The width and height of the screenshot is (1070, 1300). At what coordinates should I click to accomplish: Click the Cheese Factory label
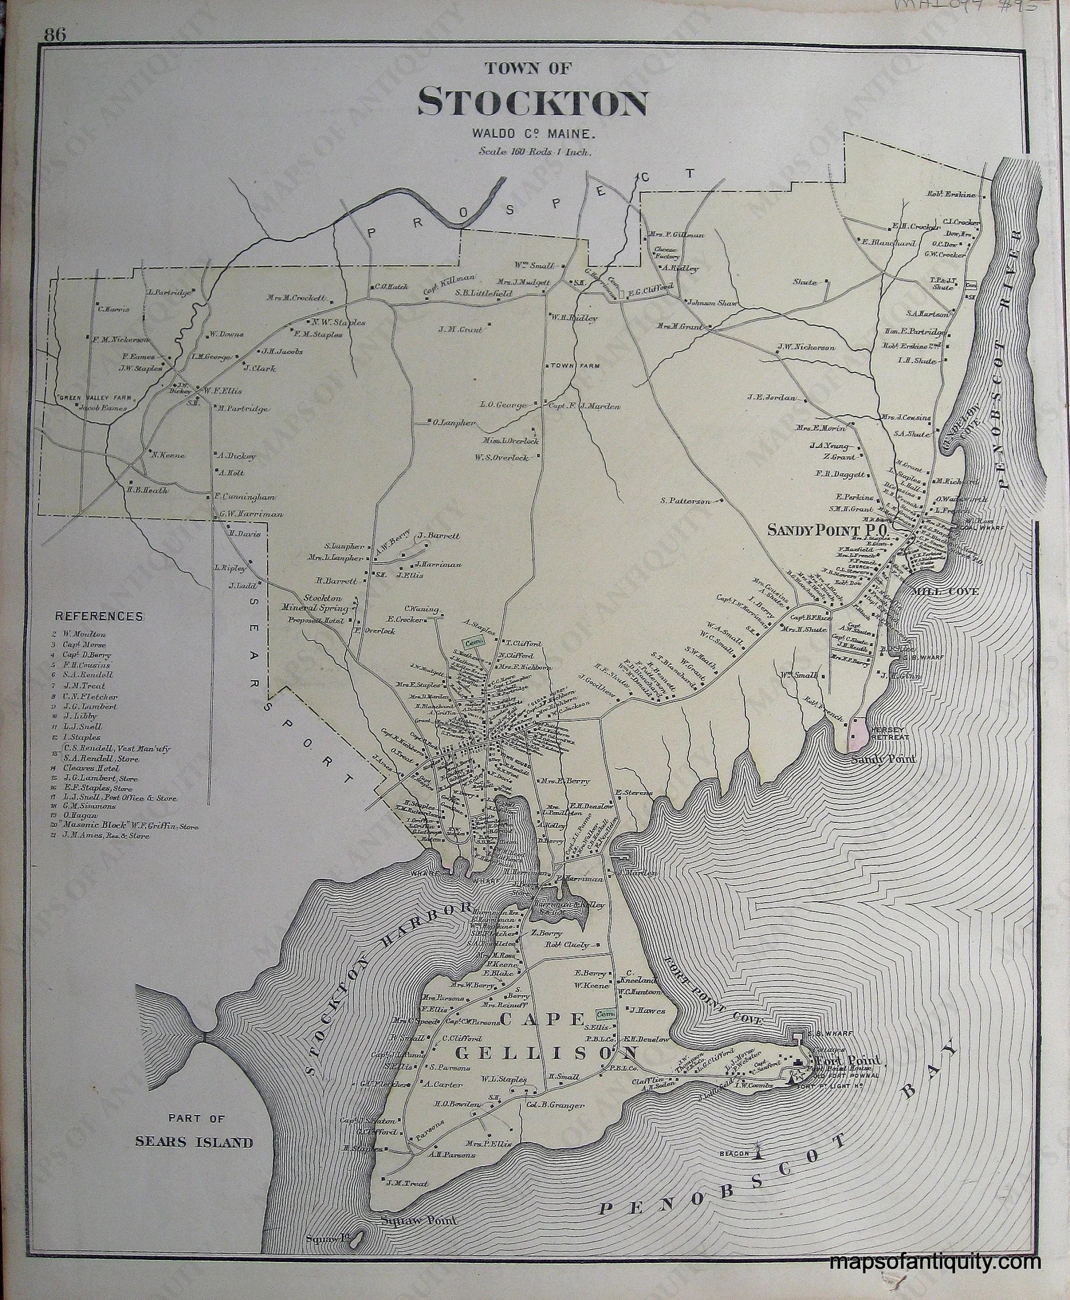(666, 253)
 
